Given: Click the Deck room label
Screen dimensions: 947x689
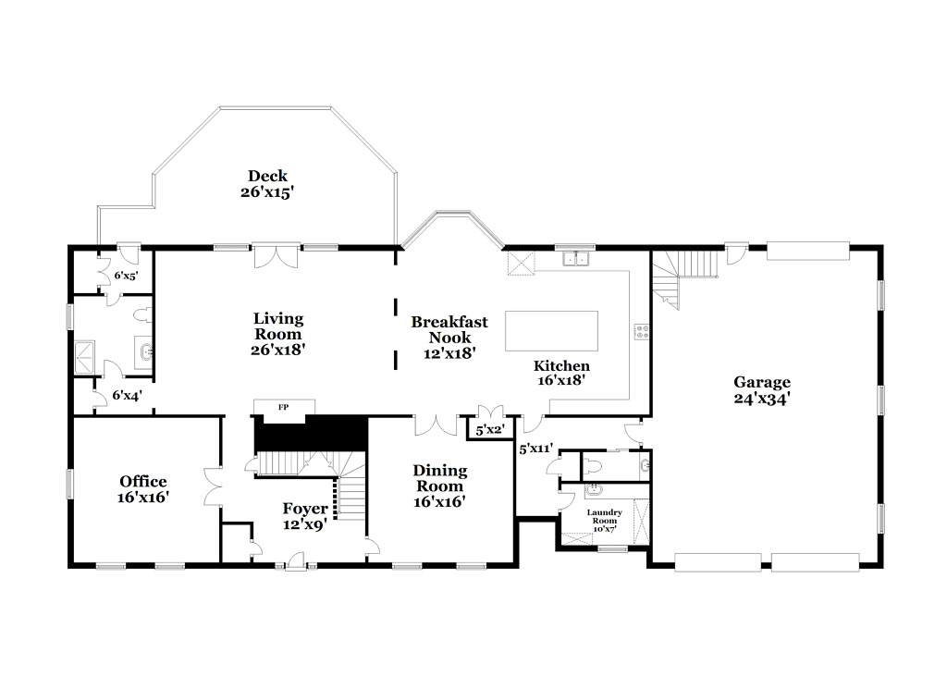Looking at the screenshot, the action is coord(267,176).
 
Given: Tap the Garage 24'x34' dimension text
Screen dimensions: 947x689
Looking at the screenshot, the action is coord(762,399).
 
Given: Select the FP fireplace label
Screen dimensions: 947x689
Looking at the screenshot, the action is coord(283,408).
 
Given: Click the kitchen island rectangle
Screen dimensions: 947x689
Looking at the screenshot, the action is coord(551,331).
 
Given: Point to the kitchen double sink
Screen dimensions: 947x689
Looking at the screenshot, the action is coord(575,258).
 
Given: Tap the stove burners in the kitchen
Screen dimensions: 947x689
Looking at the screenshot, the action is coord(642,331).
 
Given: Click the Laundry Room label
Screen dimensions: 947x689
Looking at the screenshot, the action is coord(605,516).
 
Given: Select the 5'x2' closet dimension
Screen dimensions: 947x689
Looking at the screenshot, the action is coord(490,431).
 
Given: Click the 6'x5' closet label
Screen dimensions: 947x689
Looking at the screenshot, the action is coord(126,276).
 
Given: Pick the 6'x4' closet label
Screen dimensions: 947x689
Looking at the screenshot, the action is coord(127,396).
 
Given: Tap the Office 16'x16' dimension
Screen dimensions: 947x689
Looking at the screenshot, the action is coord(143,498).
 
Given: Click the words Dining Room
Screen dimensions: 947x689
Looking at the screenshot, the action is coord(439,478).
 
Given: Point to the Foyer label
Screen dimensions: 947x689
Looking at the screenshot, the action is coord(305,509).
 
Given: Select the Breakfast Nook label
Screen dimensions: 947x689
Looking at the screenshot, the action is coord(449,330).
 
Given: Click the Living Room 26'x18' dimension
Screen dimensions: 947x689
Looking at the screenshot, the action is coord(278,350).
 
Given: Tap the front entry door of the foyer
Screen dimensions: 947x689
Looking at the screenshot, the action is coord(296,561).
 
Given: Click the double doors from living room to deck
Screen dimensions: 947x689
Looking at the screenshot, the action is coord(276,256).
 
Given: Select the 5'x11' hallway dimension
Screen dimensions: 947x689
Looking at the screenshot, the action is coord(536,449).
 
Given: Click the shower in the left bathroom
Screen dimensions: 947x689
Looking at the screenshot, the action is coord(84,357).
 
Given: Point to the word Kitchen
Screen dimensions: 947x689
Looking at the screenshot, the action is coord(561,366).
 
